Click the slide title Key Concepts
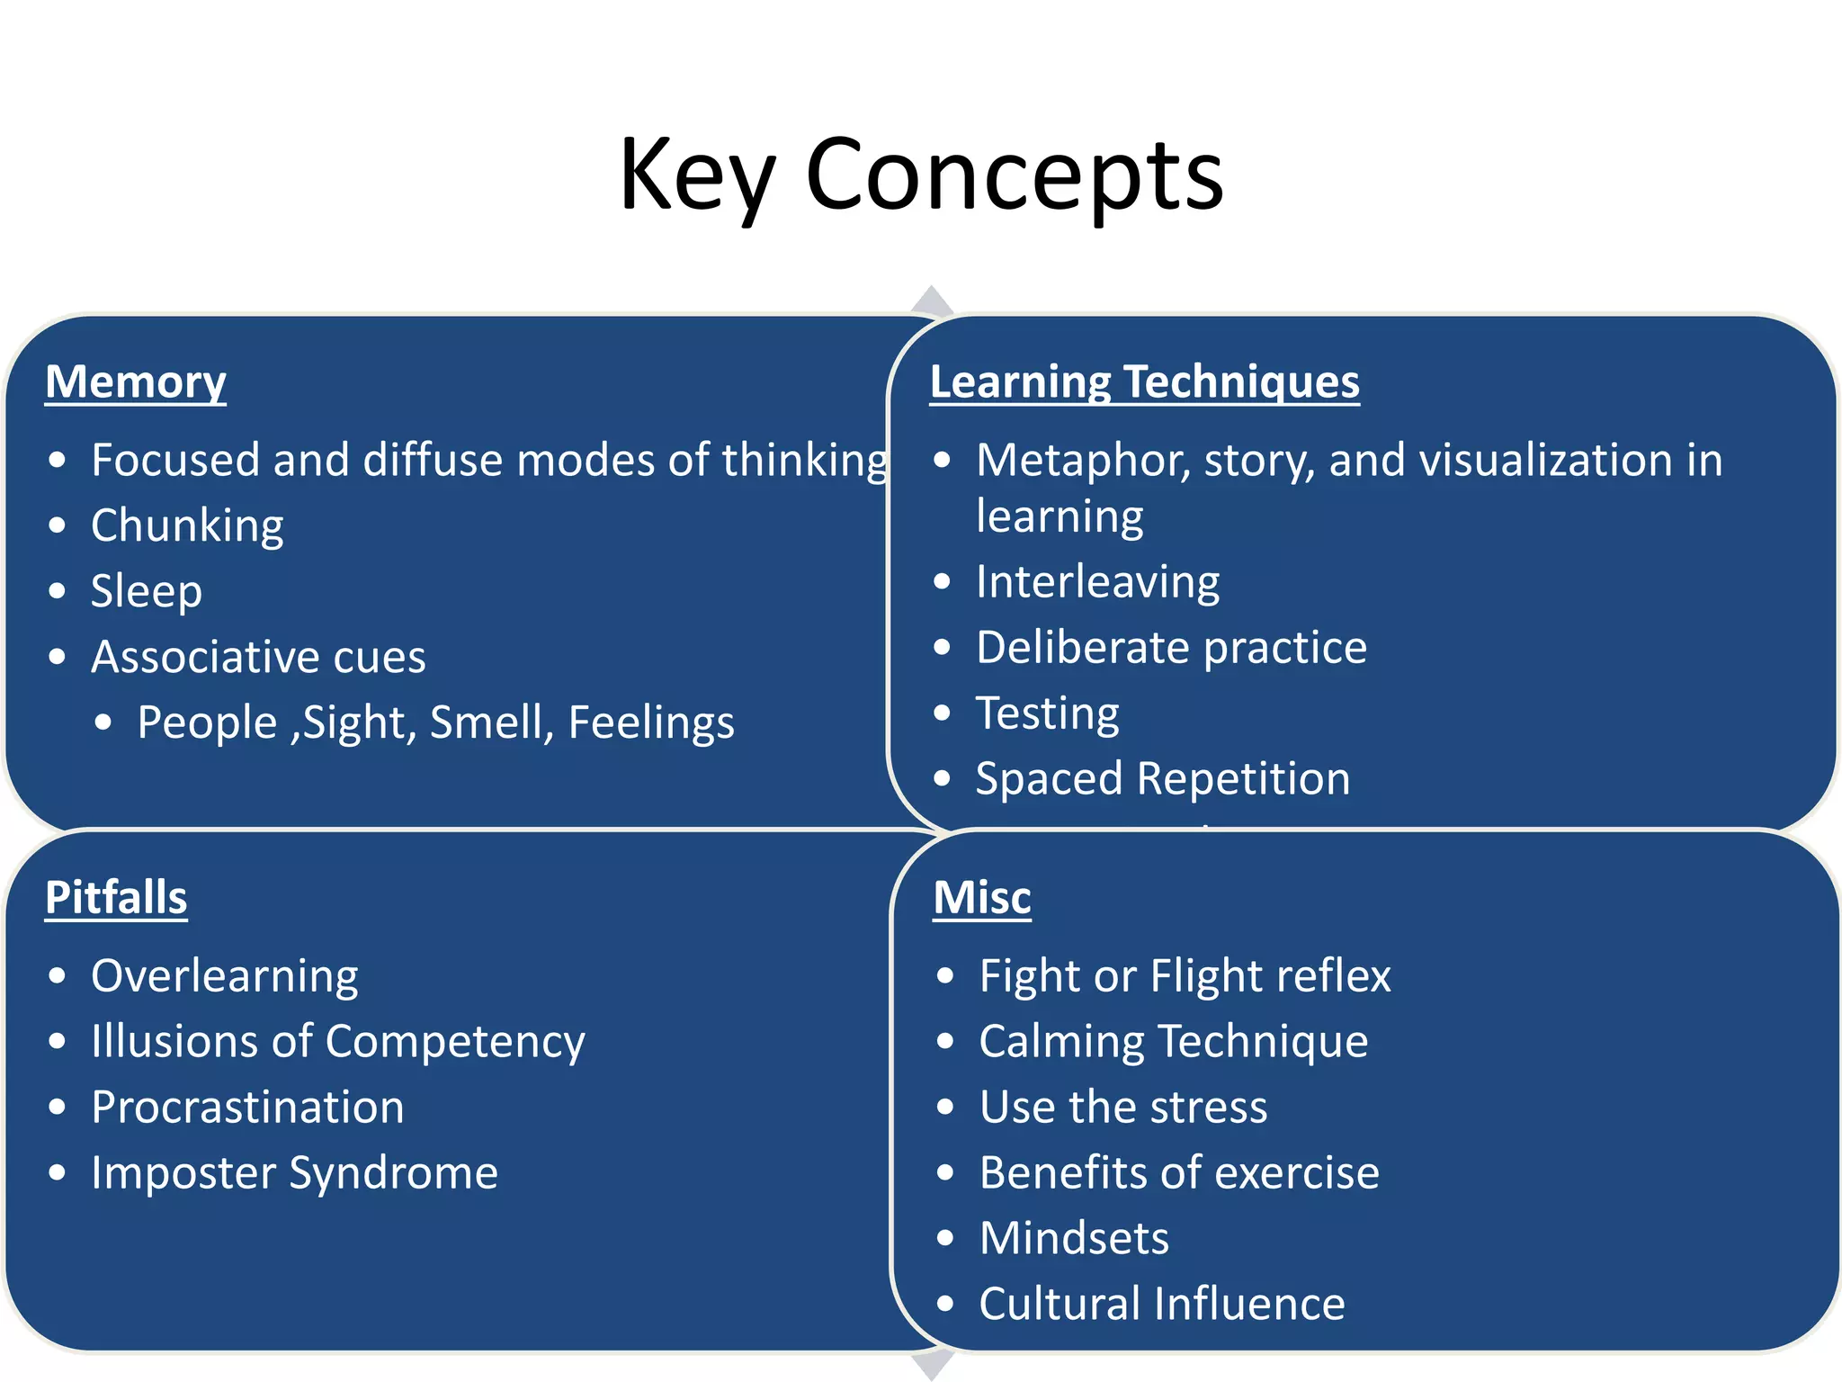click(x=921, y=175)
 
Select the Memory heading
click(x=136, y=381)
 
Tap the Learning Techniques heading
click(x=1144, y=381)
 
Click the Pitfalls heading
click(x=116, y=898)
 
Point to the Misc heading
click(x=982, y=898)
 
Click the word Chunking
click(x=187, y=525)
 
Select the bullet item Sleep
click(x=147, y=591)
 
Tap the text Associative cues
click(x=258, y=657)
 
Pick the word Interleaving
click(x=1097, y=582)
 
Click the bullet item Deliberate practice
click(x=1171, y=648)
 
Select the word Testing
click(x=1048, y=713)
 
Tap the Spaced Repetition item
click(x=1163, y=779)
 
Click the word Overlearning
click(x=225, y=976)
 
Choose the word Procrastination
click(x=247, y=1108)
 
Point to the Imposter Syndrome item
click(x=294, y=1173)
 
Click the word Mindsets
click(x=1074, y=1238)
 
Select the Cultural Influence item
click(x=1162, y=1304)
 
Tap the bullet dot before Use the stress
click(x=944, y=1108)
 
